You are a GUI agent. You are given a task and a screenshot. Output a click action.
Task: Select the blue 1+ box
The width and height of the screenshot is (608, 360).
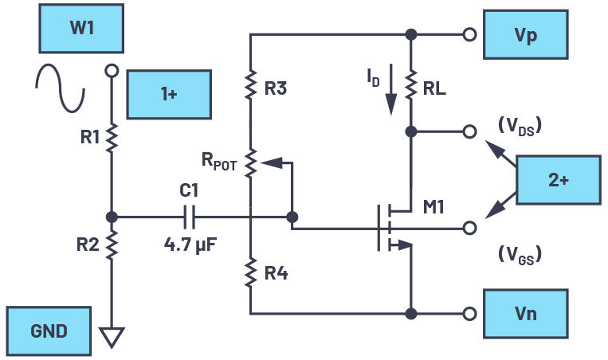point(169,94)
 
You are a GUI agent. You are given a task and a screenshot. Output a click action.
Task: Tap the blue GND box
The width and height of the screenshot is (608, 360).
point(49,331)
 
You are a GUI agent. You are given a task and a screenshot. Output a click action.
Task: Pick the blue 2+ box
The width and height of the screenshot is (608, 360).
point(558,180)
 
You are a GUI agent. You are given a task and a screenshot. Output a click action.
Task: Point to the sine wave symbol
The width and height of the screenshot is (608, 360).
point(60,88)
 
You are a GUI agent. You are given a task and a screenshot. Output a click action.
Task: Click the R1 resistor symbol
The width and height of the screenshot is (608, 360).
point(112,137)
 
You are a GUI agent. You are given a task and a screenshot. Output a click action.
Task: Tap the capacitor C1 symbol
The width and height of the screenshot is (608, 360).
point(190,217)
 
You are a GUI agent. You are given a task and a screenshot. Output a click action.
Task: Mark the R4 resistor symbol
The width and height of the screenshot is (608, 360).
point(250,274)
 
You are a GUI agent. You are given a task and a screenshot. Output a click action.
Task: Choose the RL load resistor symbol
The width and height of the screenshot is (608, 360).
point(411,85)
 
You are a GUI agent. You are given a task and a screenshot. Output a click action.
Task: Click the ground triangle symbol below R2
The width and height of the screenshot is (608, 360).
point(112,338)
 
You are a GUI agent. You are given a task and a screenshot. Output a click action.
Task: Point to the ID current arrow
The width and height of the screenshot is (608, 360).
point(390,97)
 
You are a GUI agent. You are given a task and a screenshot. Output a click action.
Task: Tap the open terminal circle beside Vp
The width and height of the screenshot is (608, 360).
point(470,34)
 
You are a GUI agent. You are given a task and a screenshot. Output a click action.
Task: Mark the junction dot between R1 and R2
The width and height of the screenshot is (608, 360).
point(112,217)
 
